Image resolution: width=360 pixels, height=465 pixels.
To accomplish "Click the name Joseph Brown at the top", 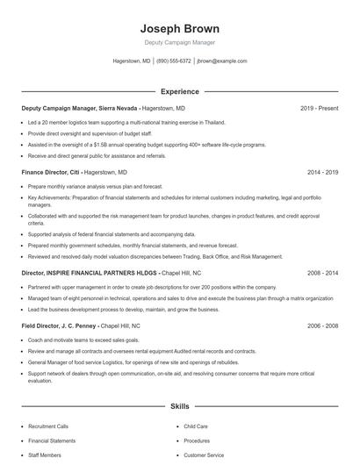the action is click(179, 28).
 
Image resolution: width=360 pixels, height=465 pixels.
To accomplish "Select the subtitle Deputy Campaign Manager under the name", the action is click(179, 42).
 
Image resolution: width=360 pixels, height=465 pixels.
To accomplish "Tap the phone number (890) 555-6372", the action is click(174, 61).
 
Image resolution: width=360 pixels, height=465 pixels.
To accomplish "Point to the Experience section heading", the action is click(179, 91).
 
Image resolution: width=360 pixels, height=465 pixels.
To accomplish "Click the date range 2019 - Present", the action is click(319, 108).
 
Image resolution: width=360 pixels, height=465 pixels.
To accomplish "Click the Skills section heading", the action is click(179, 407).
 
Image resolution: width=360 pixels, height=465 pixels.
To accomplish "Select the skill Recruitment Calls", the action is click(49, 426).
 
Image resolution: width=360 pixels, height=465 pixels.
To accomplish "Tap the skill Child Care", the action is click(195, 426).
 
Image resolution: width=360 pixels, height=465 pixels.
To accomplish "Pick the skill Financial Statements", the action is click(52, 440).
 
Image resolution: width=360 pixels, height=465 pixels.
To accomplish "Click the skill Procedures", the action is click(197, 440).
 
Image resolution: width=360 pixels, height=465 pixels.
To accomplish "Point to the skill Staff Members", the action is click(46, 455).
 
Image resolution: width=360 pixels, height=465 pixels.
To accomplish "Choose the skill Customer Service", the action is click(204, 455).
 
